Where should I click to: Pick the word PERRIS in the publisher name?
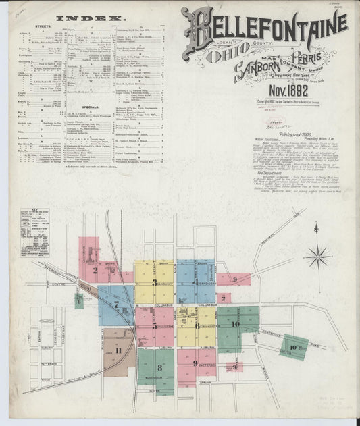point(311,57)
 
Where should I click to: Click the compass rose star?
point(316,257)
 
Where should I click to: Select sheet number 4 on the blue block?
point(196,282)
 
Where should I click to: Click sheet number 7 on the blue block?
point(116,304)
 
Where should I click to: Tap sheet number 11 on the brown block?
point(119,350)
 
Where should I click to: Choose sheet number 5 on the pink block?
point(155,325)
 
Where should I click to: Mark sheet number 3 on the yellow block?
point(155,282)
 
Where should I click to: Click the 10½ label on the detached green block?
point(295,347)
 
